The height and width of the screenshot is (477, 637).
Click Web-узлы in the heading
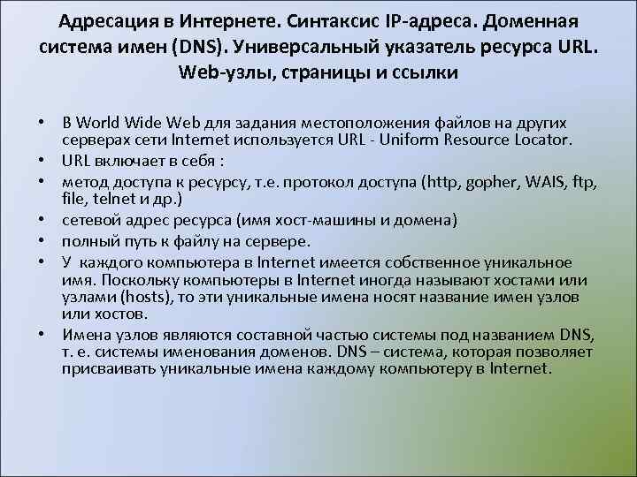tap(225, 73)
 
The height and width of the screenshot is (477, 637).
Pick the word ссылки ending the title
tap(426, 73)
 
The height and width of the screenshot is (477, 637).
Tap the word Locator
tap(545, 140)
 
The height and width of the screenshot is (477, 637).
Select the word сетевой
tap(92, 219)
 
